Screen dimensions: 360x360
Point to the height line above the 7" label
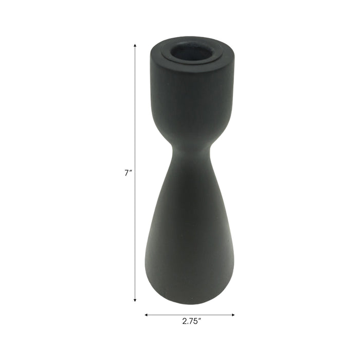(135, 103)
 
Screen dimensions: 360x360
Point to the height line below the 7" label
(135, 237)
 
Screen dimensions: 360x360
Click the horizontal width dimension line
(190, 314)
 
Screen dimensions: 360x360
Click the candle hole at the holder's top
(191, 52)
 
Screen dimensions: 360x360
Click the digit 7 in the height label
(127, 173)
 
